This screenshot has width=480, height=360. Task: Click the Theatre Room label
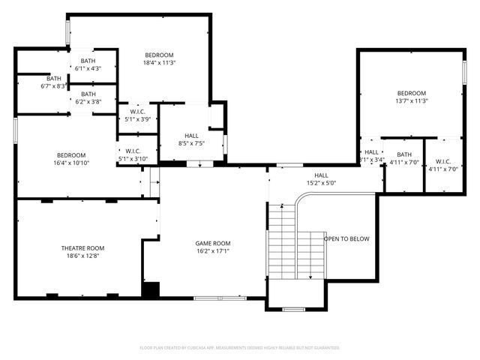tap(82, 248)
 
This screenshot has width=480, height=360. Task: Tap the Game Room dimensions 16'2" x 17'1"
tap(213, 252)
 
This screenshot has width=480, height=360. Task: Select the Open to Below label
tap(346, 239)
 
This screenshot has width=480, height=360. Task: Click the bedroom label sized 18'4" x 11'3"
tap(159, 55)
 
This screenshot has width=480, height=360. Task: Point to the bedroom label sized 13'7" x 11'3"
tap(411, 93)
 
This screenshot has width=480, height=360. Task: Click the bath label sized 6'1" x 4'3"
tap(88, 61)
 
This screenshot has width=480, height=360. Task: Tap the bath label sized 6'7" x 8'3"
tap(54, 79)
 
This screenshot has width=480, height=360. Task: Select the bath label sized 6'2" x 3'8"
tap(88, 94)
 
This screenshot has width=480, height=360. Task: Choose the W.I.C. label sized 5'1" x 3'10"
tap(133, 151)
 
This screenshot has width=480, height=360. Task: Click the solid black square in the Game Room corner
tap(151, 289)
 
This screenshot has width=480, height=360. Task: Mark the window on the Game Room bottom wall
tap(218, 298)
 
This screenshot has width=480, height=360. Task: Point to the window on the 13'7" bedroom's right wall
tap(464, 71)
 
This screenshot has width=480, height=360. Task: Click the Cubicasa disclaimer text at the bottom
tap(240, 348)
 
